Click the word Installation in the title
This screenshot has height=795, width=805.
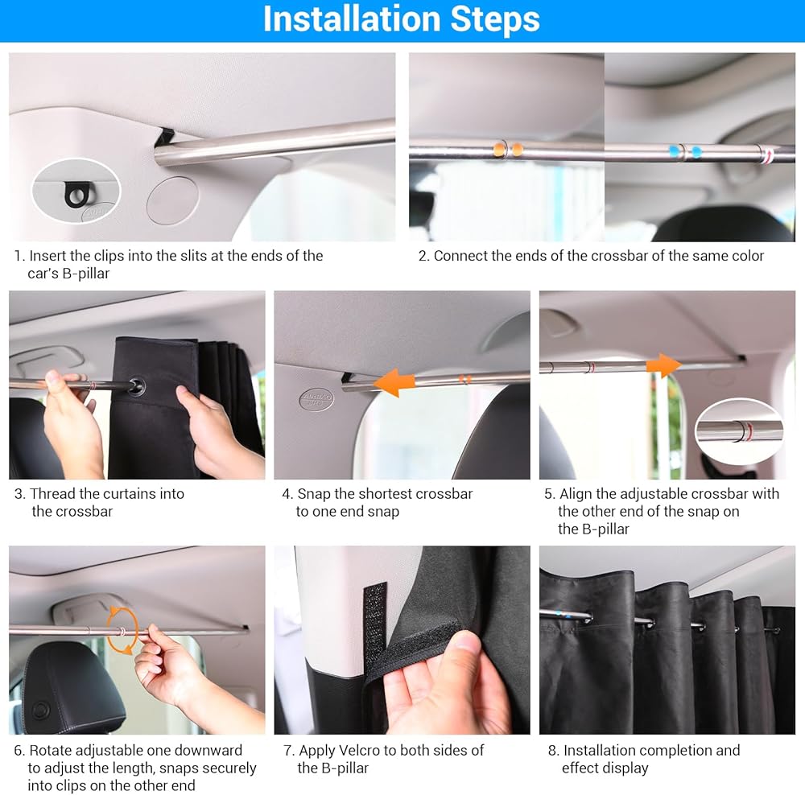coord(353,19)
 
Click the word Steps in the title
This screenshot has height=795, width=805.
coord(495,19)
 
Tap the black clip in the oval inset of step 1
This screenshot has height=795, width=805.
coord(76,195)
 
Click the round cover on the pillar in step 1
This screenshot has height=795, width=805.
coord(172,200)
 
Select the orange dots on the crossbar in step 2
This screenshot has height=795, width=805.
coord(508,150)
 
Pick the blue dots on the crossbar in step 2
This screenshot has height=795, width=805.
coord(685,152)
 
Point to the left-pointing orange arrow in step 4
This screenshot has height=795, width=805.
coord(394,382)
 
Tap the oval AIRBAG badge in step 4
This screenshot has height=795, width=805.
coord(316,399)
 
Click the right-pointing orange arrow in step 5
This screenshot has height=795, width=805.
coord(664,365)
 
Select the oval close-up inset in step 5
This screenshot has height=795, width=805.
coord(739,430)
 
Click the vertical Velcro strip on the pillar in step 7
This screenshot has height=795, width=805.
coord(375,632)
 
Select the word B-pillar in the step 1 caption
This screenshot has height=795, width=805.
coord(86,274)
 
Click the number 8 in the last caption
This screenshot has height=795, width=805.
coord(552,751)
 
